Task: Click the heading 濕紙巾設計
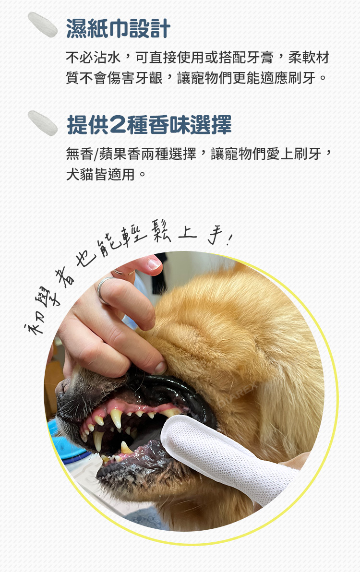(x=118, y=28)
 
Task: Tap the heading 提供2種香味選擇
(x=149, y=125)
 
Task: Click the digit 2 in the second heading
(x=117, y=125)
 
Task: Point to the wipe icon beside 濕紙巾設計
(x=43, y=24)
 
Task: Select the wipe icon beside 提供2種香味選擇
(x=43, y=122)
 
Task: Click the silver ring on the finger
(x=103, y=290)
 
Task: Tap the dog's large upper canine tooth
(x=116, y=417)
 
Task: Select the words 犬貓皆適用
(x=101, y=174)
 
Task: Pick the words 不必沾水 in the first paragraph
(x=94, y=57)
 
